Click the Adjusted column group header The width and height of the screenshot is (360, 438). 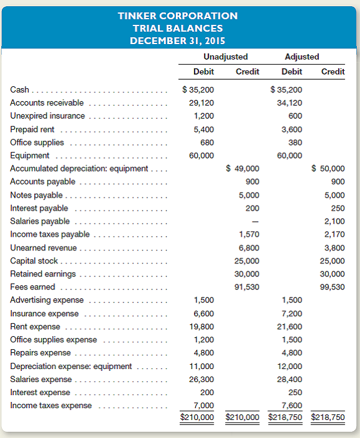pyautogui.click(x=302, y=57)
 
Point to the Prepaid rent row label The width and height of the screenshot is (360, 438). pyautogui.click(x=32, y=129)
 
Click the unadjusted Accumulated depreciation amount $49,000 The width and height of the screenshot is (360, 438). pyautogui.click(x=244, y=169)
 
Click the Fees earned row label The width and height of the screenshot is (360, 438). pyautogui.click(x=32, y=287)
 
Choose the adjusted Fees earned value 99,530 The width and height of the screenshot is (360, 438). pyautogui.click(x=332, y=287)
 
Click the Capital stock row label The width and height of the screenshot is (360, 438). pyautogui.click(x=35, y=261)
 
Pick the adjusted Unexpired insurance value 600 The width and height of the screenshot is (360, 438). pyautogui.click(x=295, y=116)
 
